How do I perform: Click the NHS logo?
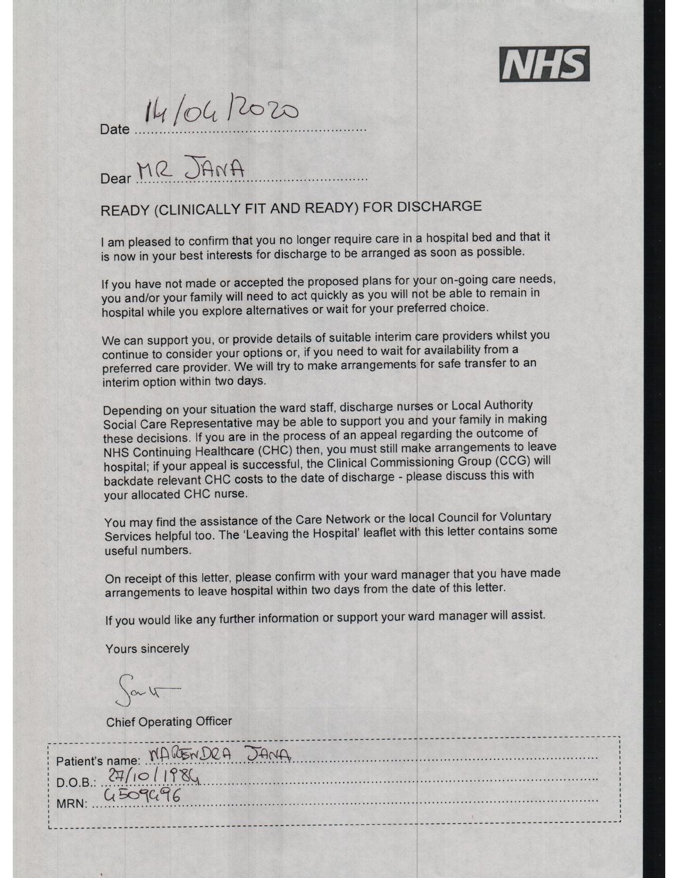coord(544,64)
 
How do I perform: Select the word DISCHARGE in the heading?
coord(440,206)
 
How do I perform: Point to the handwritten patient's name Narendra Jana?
coord(221,754)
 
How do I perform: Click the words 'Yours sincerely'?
coord(147,649)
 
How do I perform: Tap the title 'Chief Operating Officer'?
coord(169,722)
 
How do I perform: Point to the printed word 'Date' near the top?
coord(114,129)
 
